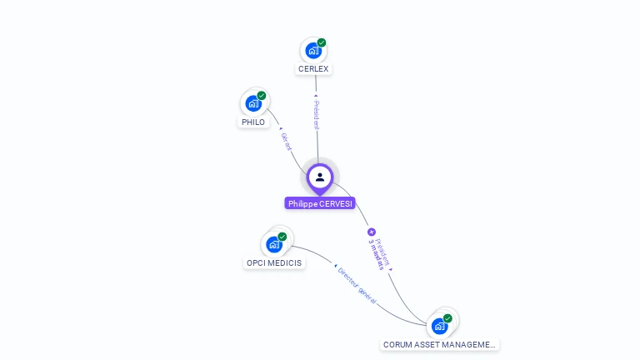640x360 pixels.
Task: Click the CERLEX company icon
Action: click(x=313, y=50)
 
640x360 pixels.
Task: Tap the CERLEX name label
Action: click(x=313, y=69)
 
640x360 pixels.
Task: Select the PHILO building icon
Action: click(x=253, y=103)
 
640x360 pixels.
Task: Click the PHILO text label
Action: click(x=253, y=122)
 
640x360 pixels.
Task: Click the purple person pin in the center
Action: click(x=320, y=177)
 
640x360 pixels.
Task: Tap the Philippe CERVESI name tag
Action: click(x=321, y=203)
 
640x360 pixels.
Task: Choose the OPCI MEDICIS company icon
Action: click(x=274, y=244)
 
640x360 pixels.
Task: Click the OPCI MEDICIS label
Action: click(x=274, y=263)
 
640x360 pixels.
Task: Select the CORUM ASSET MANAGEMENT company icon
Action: click(x=439, y=326)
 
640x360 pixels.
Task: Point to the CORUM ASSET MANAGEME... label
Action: click(x=439, y=344)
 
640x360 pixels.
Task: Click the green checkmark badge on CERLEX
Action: click(x=322, y=42)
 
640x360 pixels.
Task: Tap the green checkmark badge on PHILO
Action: click(x=262, y=96)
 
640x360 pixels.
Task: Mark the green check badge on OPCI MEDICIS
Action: click(x=282, y=237)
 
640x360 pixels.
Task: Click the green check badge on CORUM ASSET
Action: click(x=447, y=318)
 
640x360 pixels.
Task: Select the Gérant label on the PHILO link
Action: click(x=287, y=142)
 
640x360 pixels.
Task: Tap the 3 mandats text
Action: click(x=376, y=254)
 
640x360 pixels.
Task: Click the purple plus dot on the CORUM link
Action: click(x=372, y=232)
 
